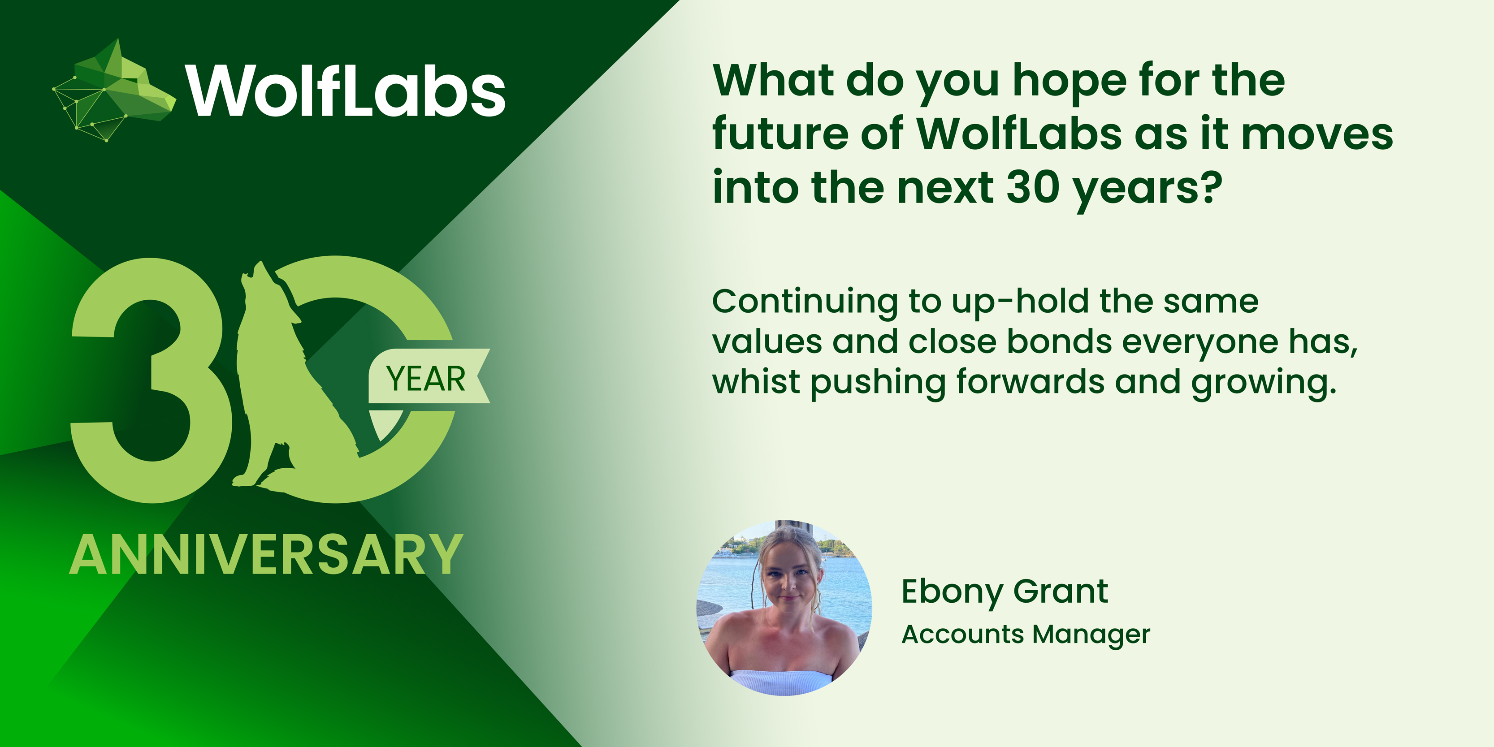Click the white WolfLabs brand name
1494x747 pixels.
pos(346,90)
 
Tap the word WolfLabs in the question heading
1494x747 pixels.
pos(1019,134)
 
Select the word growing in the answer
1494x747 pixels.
pos(1264,383)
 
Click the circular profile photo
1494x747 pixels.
pos(784,608)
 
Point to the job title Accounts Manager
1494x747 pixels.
pos(1026,635)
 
